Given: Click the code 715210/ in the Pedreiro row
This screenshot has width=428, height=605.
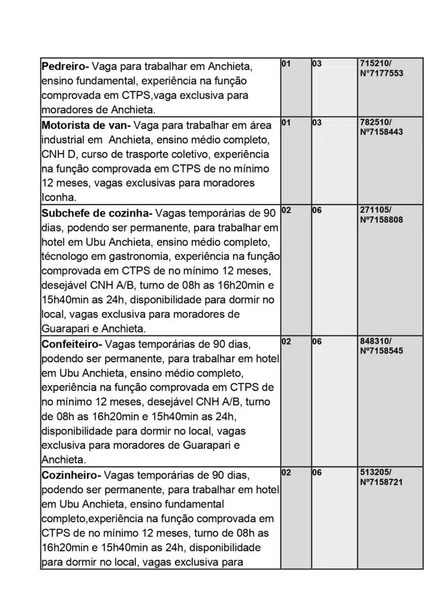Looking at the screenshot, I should pos(375,63).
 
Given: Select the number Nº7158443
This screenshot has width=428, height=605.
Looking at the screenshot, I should pos(381,132).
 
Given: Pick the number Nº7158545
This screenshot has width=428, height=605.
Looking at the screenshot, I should pos(381,351).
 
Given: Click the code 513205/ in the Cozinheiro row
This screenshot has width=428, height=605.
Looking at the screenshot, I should pos(375,473).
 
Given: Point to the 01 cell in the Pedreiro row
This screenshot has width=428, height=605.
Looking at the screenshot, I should pos(286,63).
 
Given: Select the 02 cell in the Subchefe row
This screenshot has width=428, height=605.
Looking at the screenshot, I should pos(286,210).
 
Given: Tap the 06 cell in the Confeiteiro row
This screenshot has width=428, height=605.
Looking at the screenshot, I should pos(317,341).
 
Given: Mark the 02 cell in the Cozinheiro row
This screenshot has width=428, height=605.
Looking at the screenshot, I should pos(286,473).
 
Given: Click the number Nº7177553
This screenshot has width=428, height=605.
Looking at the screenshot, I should pos(381,73).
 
